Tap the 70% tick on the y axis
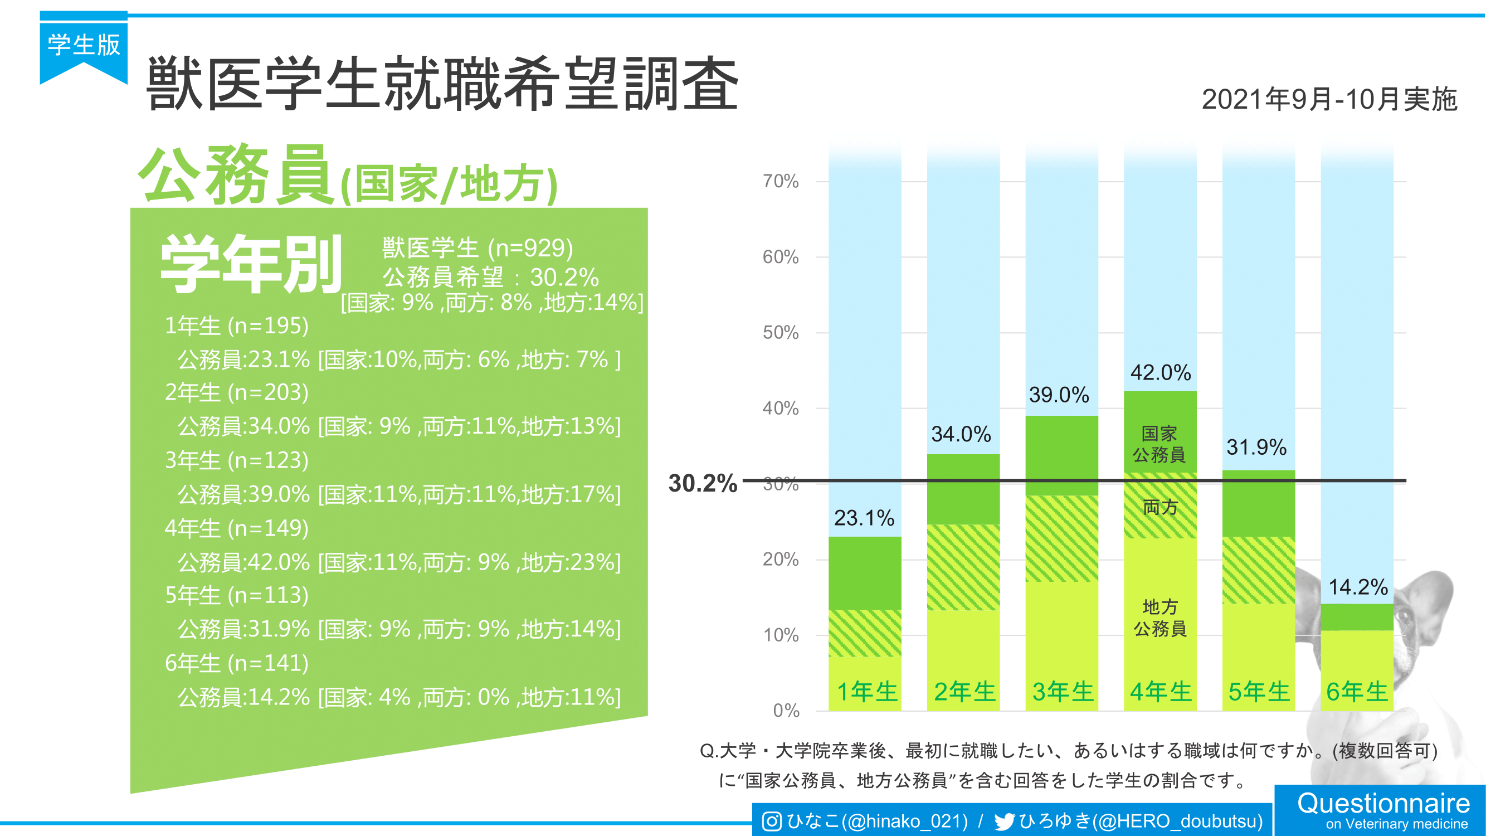click(781, 182)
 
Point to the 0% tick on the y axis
click(786, 710)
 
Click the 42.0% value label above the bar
click(1160, 373)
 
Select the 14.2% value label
click(1358, 587)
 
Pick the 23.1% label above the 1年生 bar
click(864, 518)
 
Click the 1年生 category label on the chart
click(866, 691)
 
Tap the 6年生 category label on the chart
click(1357, 691)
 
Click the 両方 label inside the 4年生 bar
click(1160, 508)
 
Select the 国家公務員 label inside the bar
click(1159, 444)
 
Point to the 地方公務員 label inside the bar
click(1160, 618)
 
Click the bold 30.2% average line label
click(703, 483)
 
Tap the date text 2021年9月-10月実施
click(1329, 99)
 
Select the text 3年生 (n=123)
click(236, 460)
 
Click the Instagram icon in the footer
click(772, 821)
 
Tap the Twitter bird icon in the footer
click(1005, 822)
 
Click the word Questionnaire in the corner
click(1383, 803)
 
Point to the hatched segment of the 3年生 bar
click(1061, 538)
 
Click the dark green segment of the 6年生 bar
click(1357, 617)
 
